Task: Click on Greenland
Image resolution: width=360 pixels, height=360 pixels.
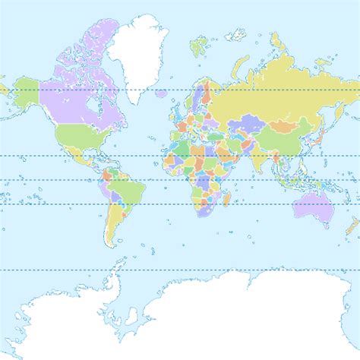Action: (137, 53)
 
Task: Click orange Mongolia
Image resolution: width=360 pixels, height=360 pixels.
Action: (286, 122)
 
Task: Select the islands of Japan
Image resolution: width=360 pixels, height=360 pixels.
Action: (320, 137)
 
